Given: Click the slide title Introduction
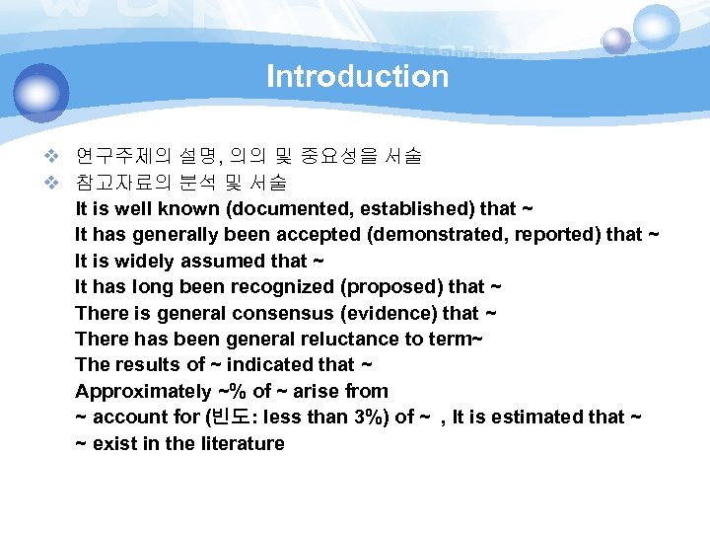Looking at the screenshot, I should tap(357, 76).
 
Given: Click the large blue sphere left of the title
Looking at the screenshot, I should tap(41, 93).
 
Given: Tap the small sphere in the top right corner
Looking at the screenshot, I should tap(616, 40).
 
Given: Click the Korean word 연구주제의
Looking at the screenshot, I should tap(123, 156).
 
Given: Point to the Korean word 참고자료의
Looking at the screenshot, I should tap(123, 183).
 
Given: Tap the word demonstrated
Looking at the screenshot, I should tap(404, 235).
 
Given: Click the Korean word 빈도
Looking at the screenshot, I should tap(228, 417).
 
